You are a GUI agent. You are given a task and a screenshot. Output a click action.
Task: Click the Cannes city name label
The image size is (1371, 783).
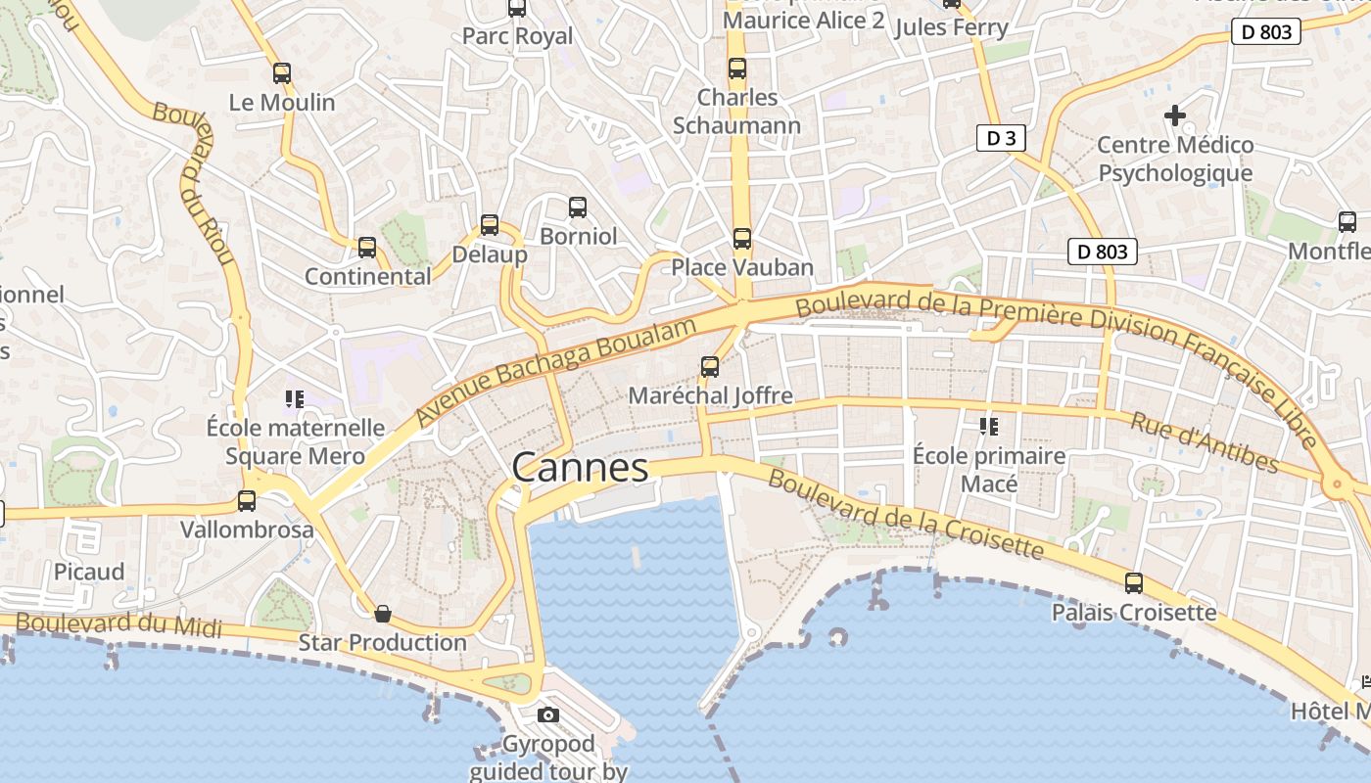tap(580, 468)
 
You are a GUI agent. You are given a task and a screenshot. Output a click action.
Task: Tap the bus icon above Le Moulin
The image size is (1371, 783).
tap(282, 72)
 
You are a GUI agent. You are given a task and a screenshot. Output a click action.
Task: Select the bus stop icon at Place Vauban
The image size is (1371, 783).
tap(742, 238)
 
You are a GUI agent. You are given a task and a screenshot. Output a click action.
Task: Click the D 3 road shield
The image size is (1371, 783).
tap(1001, 138)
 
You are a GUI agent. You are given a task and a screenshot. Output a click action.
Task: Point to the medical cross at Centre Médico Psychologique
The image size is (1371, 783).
tap(1174, 115)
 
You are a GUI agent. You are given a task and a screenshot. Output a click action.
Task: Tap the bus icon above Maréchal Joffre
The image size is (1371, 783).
tap(710, 367)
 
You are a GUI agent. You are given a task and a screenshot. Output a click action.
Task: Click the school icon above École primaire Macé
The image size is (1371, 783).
tap(988, 426)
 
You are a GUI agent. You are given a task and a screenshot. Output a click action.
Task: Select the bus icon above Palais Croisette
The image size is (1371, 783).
tap(1134, 583)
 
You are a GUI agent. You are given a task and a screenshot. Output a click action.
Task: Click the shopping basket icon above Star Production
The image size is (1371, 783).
tap(383, 614)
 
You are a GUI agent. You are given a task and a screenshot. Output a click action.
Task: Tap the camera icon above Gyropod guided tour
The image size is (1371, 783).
tap(548, 714)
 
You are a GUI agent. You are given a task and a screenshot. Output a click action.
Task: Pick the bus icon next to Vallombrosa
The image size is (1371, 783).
tap(247, 501)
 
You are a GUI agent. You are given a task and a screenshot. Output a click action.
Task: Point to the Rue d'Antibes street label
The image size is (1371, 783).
tap(1205, 442)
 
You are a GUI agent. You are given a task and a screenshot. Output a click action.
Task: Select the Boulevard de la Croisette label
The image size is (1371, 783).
tap(906, 514)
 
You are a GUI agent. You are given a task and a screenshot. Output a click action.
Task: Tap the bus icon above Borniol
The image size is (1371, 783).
tap(578, 207)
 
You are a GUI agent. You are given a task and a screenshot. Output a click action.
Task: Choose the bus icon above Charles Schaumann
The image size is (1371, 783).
tap(737, 69)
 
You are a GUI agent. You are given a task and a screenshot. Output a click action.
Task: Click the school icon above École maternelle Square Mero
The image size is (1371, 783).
tap(295, 398)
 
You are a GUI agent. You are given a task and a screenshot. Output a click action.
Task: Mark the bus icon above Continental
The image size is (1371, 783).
tap(367, 248)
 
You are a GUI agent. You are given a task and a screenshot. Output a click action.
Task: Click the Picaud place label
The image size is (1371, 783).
tap(89, 572)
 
